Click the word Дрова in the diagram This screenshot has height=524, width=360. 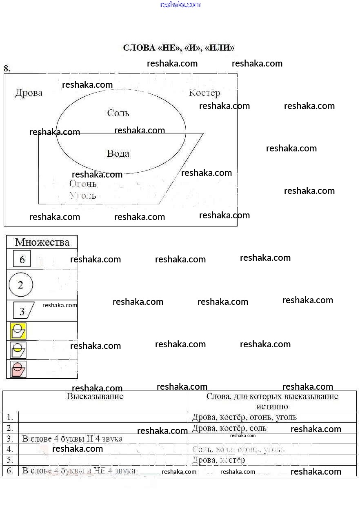click(29, 93)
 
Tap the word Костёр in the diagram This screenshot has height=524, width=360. click(204, 93)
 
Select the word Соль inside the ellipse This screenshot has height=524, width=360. click(118, 113)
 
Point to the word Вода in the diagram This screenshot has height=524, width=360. click(118, 153)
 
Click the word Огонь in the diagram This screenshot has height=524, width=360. click(83, 184)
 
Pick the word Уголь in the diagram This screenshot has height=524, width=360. click(83, 195)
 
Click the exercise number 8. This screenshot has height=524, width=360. click(7, 69)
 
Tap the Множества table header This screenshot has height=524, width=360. click(42, 242)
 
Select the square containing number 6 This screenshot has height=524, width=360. click(22, 259)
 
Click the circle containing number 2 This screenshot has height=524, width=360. click(20, 285)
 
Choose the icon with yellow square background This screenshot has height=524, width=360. click(18, 331)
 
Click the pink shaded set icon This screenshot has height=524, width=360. click(18, 369)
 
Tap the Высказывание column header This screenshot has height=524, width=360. click(95, 396)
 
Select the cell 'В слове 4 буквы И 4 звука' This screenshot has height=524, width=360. click(72, 439)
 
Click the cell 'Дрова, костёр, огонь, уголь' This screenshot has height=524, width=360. click(244, 417)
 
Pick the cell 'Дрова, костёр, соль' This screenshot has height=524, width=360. click(229, 428)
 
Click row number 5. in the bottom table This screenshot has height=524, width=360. click(10, 460)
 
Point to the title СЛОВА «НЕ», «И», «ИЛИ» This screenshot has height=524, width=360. click(179, 48)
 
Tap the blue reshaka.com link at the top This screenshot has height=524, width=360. click(180, 4)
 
